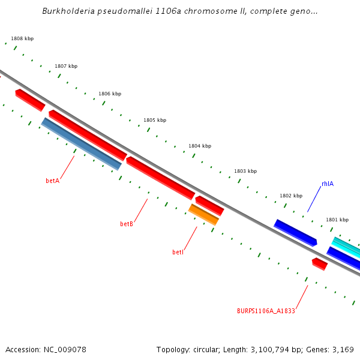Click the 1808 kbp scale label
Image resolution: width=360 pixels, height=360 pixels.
[x=22, y=38]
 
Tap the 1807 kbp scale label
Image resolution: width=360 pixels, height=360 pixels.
[x=66, y=66]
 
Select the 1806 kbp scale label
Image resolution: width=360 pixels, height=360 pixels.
[x=110, y=94]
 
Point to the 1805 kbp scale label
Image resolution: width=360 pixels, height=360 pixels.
[x=155, y=120]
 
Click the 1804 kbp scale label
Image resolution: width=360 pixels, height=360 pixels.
[x=200, y=146]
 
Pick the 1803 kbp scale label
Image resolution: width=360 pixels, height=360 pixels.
[x=245, y=171]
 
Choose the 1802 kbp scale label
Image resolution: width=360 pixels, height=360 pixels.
[x=291, y=196]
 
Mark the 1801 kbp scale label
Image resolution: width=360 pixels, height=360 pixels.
[x=337, y=220]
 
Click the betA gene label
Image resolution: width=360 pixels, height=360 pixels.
[x=53, y=181]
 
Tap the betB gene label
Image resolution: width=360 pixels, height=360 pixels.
[x=127, y=224]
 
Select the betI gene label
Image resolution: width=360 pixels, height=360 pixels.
[x=178, y=252]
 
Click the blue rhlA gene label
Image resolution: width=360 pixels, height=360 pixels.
[x=327, y=184]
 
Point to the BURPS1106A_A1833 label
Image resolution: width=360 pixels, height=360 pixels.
[x=266, y=311]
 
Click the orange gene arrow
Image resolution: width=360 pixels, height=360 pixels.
[x=204, y=214]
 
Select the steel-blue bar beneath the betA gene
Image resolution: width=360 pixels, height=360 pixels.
[x=82, y=144]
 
